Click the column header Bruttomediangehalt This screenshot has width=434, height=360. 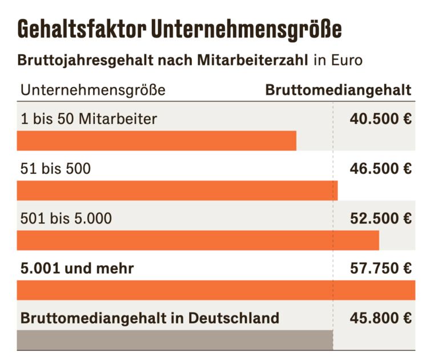[x=338, y=90]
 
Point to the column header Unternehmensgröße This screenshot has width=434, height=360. [x=93, y=90]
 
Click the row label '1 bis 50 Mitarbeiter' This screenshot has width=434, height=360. [x=89, y=119]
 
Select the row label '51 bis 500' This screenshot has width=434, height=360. [x=55, y=169]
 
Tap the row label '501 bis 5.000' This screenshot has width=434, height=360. [x=66, y=218]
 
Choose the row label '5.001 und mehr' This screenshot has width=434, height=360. [x=77, y=268]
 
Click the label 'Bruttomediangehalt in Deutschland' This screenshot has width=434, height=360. [x=150, y=318]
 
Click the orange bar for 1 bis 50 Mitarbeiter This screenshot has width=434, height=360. [x=156, y=141]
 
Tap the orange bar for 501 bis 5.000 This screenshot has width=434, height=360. [x=198, y=240]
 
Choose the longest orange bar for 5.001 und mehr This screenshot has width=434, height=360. [x=216, y=290]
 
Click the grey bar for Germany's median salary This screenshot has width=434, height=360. [x=175, y=339]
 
